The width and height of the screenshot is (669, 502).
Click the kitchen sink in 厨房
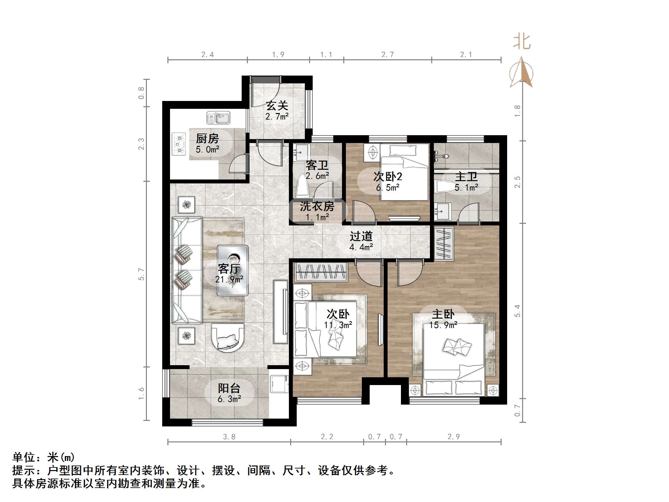click(218, 118)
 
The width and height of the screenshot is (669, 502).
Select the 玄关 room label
click(277, 106)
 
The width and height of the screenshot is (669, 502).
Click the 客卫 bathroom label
click(317, 165)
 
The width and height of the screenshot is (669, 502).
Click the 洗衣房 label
click(317, 206)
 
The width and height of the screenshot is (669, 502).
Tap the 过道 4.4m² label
click(361, 241)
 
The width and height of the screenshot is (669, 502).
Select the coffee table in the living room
click(233, 270)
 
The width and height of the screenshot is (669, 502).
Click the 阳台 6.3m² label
click(229, 393)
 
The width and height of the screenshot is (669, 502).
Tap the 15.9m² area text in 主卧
click(443, 325)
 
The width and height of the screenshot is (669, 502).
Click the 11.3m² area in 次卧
click(338, 325)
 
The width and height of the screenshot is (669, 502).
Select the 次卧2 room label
click(388, 177)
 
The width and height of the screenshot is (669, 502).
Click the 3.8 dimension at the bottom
click(229, 437)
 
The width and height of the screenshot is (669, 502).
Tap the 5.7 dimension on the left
click(141, 274)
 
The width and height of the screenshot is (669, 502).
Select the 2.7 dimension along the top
click(388, 55)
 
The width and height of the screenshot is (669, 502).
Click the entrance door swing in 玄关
click(265, 93)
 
